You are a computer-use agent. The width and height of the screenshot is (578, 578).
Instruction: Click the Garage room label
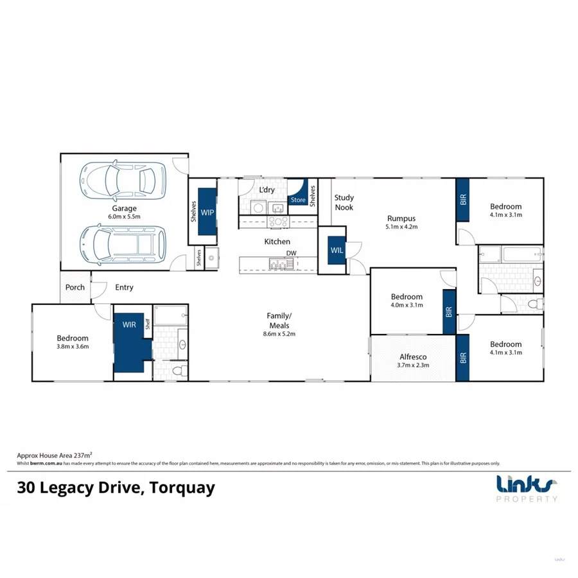pos(125,208)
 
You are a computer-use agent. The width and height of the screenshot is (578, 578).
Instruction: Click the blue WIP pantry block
pos(207,211)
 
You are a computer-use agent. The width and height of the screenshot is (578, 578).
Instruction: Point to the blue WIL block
pos(337,250)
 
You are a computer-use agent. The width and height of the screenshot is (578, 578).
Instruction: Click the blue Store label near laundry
pos(298,200)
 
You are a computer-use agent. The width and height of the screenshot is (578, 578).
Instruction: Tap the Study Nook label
pos(344,202)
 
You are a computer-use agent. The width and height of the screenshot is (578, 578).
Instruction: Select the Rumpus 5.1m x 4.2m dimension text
pos(401,227)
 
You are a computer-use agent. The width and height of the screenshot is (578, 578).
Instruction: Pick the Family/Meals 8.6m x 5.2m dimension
pos(279,334)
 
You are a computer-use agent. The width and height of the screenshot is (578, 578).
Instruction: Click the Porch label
pos(75,287)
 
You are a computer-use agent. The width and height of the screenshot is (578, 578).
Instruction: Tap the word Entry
pos(125,288)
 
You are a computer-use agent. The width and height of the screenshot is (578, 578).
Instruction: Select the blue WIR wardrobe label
pos(129,325)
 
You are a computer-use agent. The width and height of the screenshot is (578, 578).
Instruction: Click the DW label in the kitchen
pos(292,253)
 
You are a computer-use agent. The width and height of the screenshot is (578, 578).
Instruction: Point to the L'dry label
pos(267,190)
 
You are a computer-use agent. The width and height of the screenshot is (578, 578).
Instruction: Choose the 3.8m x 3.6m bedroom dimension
pos(73,347)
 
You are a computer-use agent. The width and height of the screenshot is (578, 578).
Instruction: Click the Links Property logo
pos(527,488)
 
